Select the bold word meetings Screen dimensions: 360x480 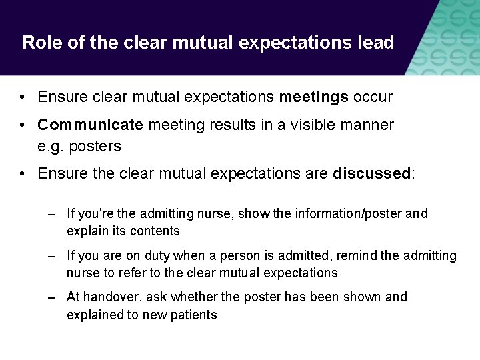tap(313, 97)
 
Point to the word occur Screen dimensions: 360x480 tap(373, 97)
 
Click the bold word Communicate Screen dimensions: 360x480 tap(90, 125)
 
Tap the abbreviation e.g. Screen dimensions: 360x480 tap(51, 147)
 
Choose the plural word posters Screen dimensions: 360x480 tap(95, 147)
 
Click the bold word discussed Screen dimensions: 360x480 tap(371, 174)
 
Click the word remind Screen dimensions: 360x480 tap(356, 256)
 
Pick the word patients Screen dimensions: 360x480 tap(193, 315)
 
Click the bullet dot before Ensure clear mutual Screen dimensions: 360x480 tap(23, 98)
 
